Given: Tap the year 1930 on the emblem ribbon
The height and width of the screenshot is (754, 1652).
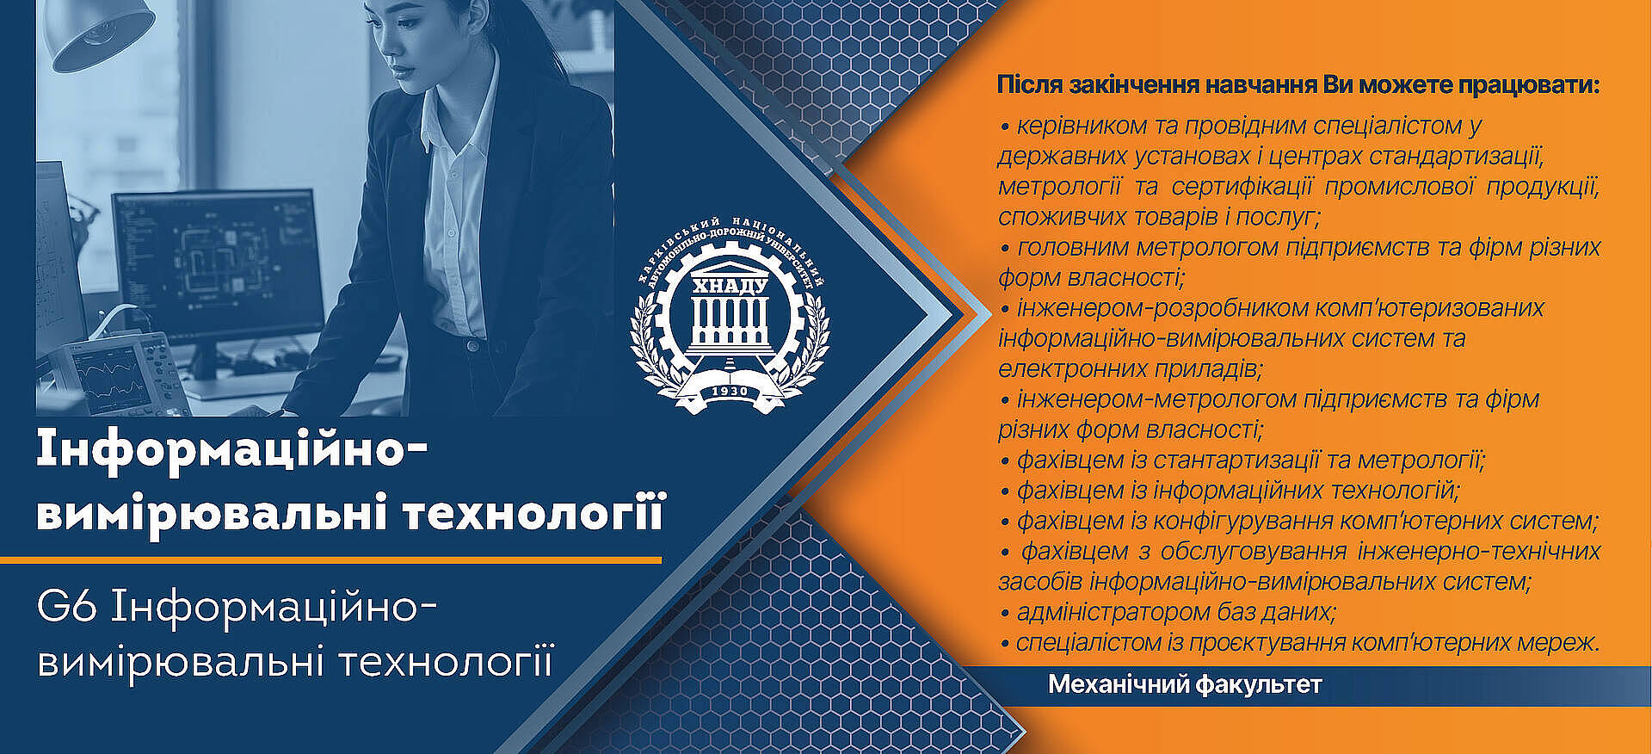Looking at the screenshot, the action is coord(730,392).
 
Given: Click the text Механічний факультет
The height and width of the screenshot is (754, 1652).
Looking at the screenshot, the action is coord(1185,685).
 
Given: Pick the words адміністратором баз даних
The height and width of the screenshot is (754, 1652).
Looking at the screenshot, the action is coord(1176,612).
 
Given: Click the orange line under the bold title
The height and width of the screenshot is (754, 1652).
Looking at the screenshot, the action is coord(330,559).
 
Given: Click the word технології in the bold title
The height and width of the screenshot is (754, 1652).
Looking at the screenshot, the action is coord(534,515).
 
